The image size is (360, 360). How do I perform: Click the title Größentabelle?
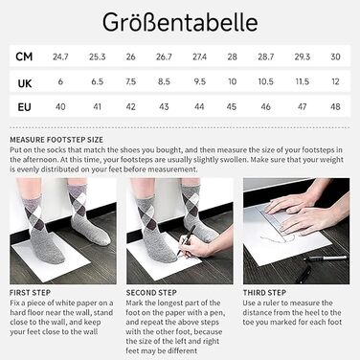[180, 20]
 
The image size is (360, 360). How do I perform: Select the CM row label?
[26, 58]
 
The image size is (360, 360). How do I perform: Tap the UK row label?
[26, 82]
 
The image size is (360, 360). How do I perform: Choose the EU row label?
[26, 106]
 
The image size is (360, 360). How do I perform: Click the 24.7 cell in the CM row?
[61, 58]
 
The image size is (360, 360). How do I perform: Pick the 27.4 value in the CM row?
[199, 58]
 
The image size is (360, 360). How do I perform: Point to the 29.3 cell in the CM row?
[303, 58]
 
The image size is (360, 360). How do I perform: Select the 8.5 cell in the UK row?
[165, 82]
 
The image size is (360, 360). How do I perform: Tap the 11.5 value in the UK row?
[303, 82]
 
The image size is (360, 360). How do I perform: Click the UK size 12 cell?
[335, 82]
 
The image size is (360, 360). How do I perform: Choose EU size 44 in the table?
[199, 106]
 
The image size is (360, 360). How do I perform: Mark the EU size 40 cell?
[61, 106]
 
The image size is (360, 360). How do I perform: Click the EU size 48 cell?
[335, 106]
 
